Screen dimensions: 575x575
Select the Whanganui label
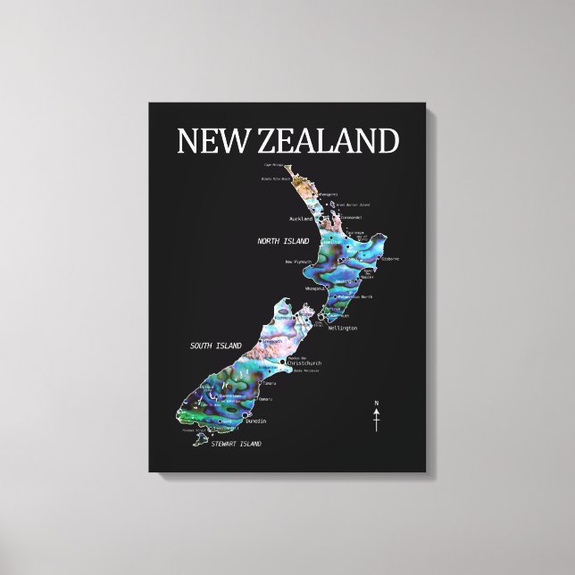[317, 287]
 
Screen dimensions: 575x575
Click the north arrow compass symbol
[376, 418]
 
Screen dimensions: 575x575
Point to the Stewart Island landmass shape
[204, 439]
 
